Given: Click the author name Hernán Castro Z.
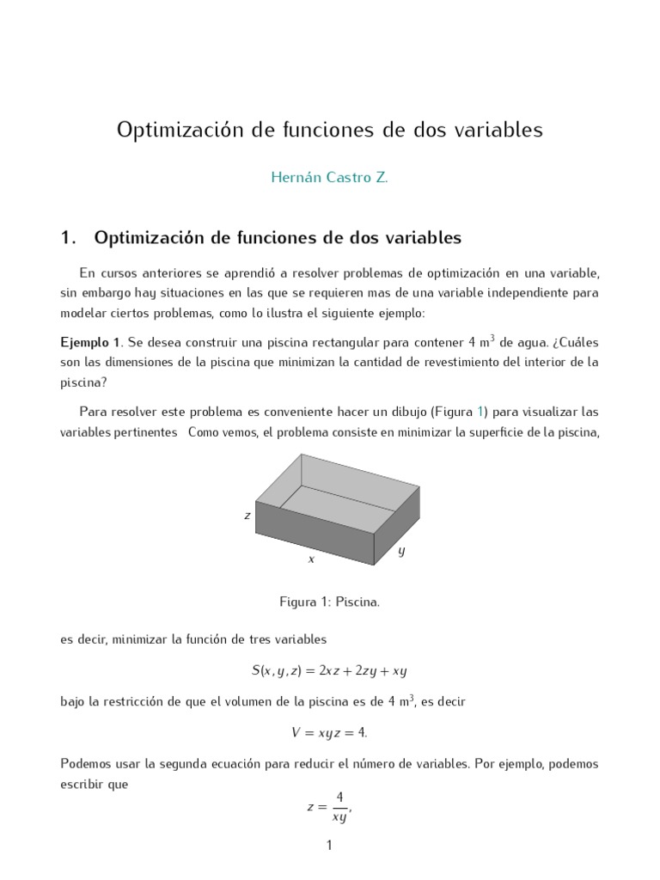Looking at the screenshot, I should click(329, 179).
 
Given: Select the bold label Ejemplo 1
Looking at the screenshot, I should click(91, 342).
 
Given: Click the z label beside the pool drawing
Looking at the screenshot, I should click(247, 516).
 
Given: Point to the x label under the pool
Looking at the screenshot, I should click(311, 559).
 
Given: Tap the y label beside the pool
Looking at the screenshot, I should click(401, 551).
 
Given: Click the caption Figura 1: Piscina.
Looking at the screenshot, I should click(329, 602).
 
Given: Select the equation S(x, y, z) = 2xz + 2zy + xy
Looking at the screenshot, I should click(329, 670).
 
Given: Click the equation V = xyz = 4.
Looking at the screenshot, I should click(329, 732).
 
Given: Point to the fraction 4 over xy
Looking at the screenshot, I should click(339, 808).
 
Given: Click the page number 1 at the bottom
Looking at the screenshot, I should click(329, 846).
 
